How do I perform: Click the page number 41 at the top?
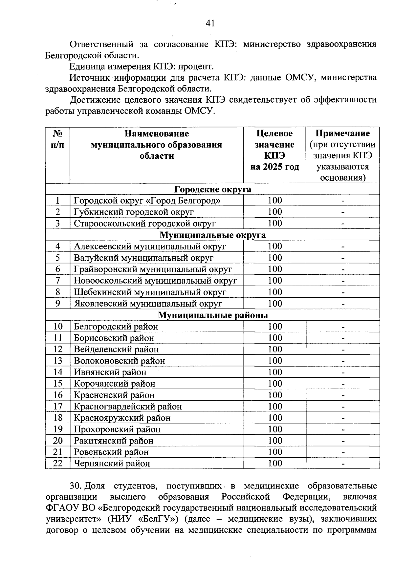click(x=209, y=23)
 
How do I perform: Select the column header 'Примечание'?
click(x=342, y=133)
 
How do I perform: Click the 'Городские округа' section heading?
click(x=212, y=189)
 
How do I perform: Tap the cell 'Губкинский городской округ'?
click(x=134, y=212)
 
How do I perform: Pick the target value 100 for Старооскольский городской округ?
click(x=275, y=223)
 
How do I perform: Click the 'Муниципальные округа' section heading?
click(x=212, y=235)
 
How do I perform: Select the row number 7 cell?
click(x=58, y=281)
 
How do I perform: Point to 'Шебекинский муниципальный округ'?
click(x=150, y=292)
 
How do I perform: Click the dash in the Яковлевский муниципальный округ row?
click(x=342, y=304)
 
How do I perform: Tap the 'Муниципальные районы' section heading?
click(x=213, y=315)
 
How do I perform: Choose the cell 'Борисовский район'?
click(x=114, y=338)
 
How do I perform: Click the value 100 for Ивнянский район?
click(x=275, y=372)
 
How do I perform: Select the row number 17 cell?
click(x=58, y=407)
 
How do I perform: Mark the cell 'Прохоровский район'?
click(x=117, y=429)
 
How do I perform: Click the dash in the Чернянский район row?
click(x=342, y=464)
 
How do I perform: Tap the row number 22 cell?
click(x=58, y=464)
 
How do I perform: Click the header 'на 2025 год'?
click(x=274, y=167)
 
